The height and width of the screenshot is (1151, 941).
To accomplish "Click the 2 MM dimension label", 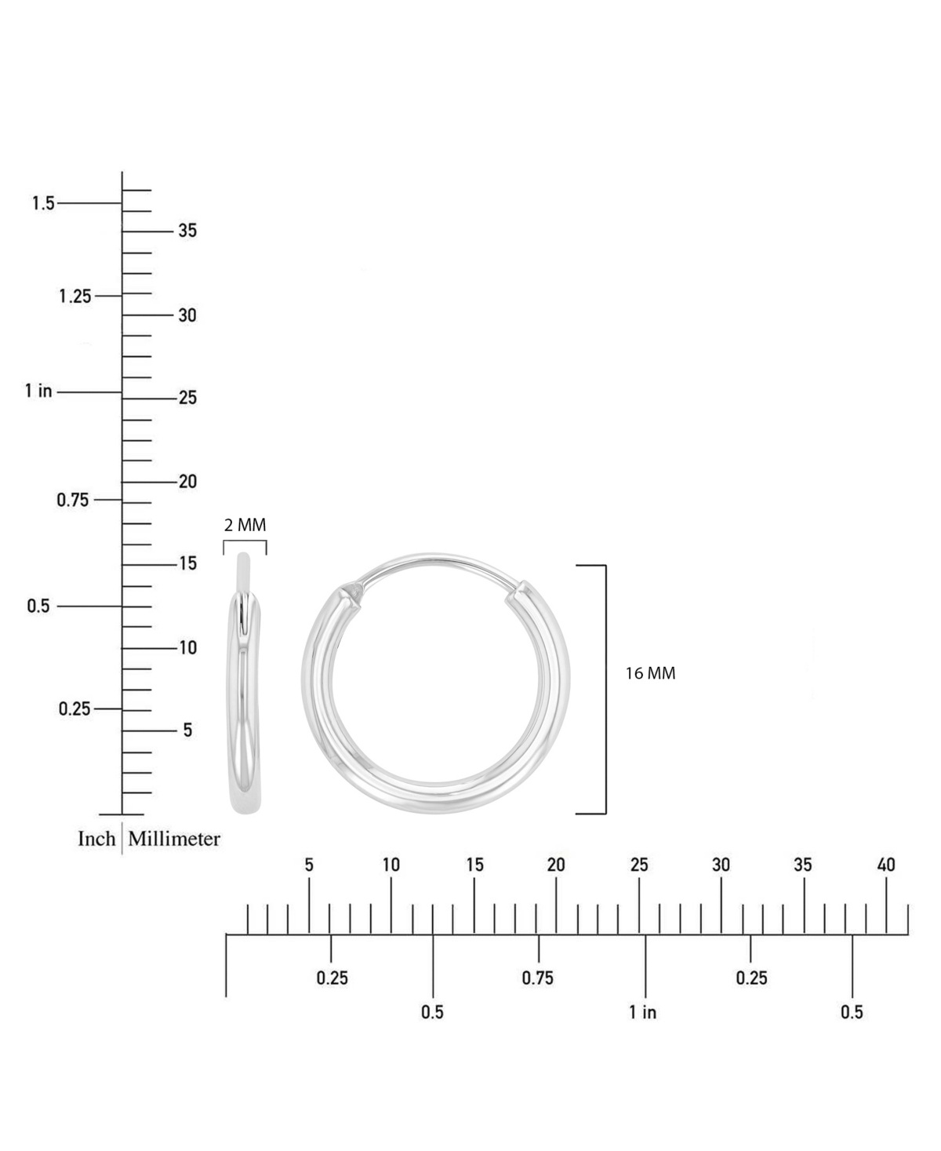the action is (245, 525).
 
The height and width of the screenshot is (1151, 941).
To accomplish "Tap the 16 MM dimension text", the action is (650, 673).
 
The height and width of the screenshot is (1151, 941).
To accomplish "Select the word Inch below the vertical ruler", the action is (96, 839).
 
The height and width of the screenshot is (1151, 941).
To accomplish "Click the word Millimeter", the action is (174, 839).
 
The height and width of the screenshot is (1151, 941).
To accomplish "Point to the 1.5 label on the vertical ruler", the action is (43, 203).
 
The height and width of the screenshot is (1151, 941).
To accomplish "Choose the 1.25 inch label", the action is (75, 297).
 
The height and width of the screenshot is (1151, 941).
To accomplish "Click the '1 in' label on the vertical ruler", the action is (38, 391).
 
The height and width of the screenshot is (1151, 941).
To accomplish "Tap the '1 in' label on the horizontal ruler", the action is (642, 1012).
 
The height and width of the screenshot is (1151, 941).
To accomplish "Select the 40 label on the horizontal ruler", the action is (886, 865).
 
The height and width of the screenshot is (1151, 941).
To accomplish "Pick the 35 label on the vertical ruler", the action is (187, 231).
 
